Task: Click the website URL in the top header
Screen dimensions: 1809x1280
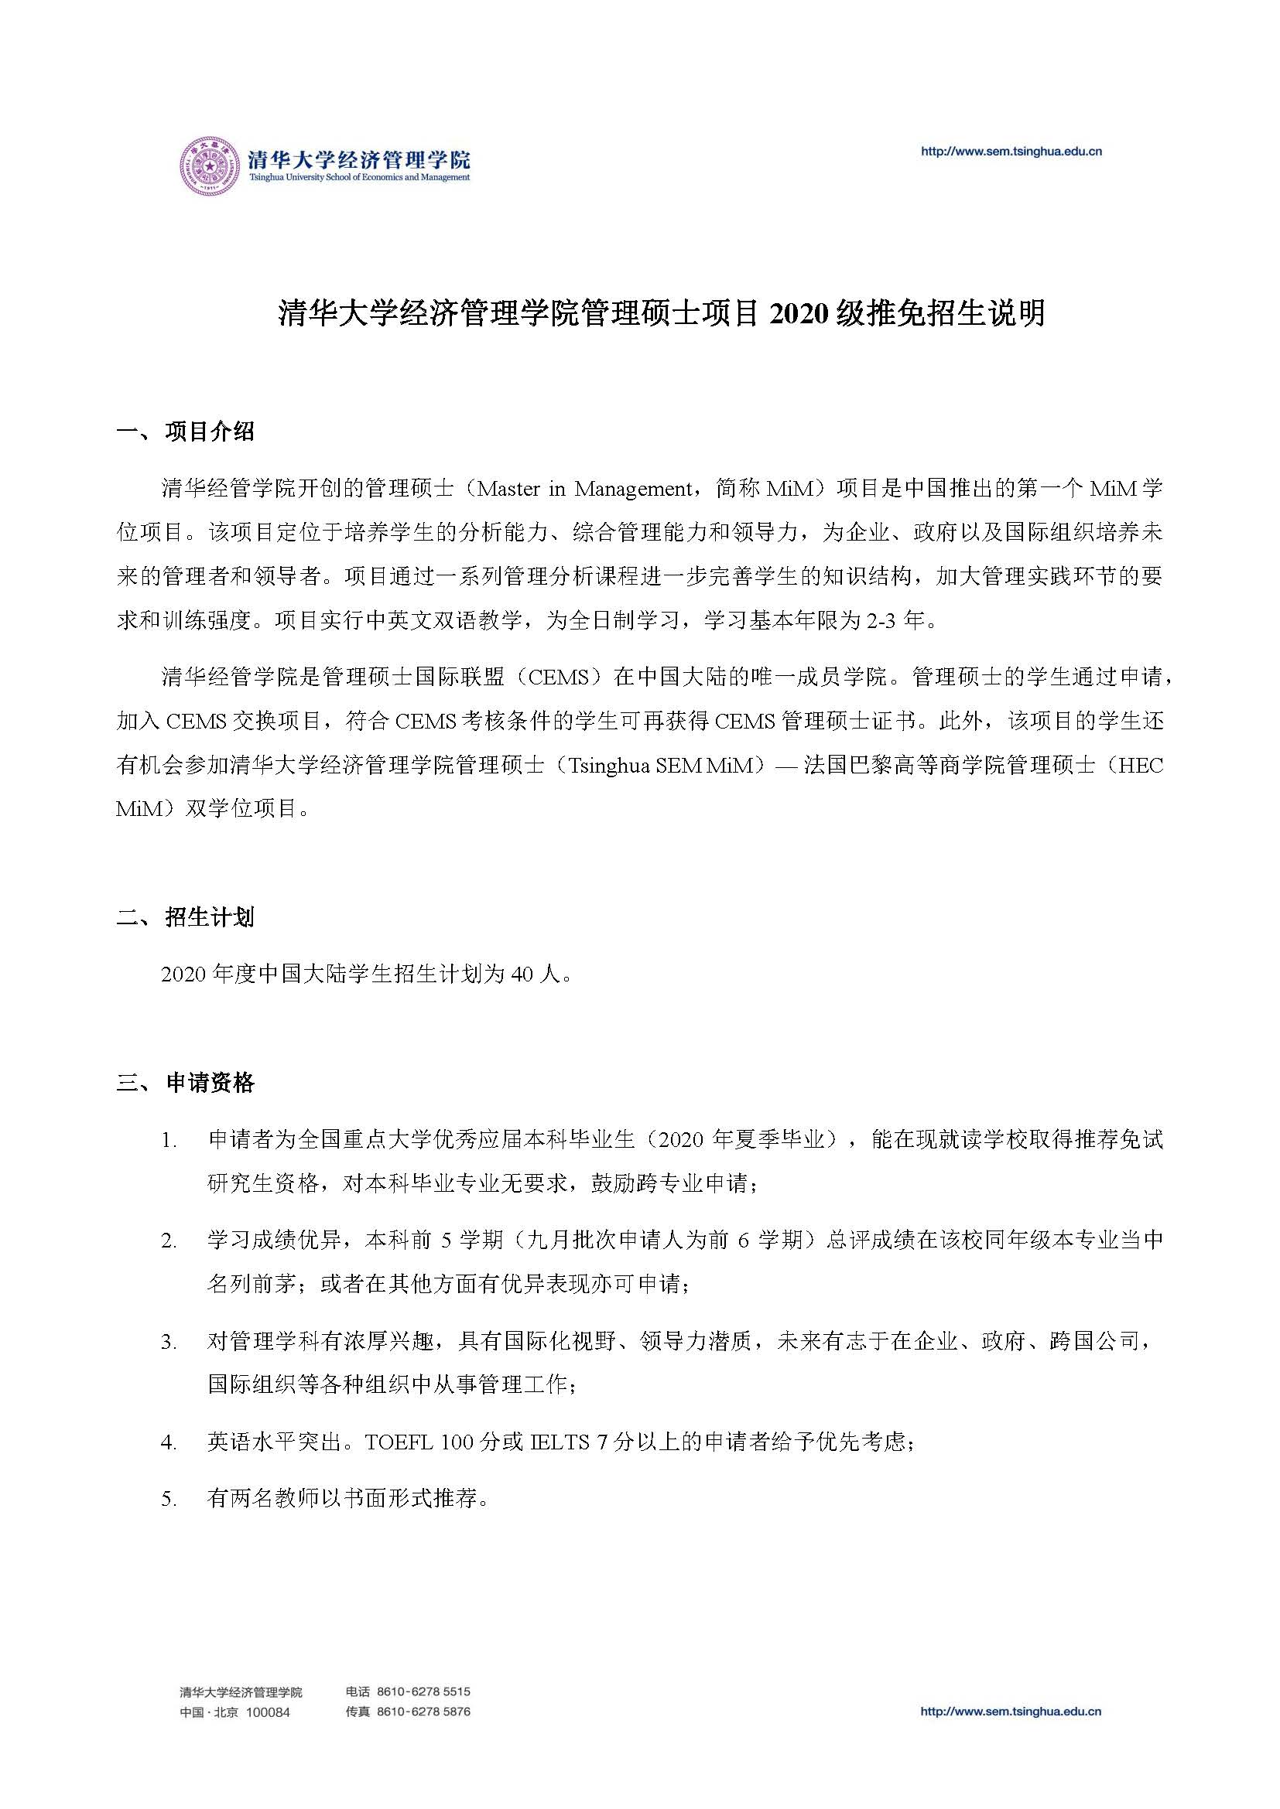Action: point(1011,152)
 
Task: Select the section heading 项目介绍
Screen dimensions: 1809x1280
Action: point(210,432)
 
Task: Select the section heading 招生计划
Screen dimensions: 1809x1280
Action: point(210,917)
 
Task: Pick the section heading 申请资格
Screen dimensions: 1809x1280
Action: point(210,1083)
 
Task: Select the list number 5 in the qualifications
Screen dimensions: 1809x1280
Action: point(167,1500)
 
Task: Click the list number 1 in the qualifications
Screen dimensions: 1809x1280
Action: point(167,1140)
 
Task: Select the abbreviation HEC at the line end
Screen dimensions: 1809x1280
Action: point(1141,766)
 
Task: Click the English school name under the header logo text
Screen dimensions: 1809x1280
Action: point(359,178)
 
